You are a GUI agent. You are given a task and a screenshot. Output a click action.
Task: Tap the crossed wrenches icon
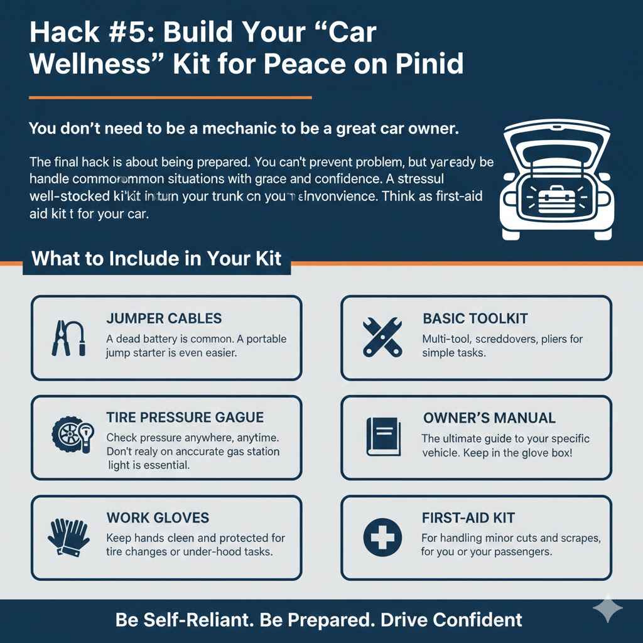382,337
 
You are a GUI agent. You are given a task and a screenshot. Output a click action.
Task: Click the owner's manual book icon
382,436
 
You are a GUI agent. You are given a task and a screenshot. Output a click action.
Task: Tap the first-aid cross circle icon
382,537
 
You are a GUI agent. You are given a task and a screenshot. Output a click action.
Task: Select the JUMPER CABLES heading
164,319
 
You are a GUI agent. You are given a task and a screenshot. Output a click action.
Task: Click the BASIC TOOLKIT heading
475,319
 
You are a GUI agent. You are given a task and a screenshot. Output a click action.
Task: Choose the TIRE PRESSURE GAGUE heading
185,418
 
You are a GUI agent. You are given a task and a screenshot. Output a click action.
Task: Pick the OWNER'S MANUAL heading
489,418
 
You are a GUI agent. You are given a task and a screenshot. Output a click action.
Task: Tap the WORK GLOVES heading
158,518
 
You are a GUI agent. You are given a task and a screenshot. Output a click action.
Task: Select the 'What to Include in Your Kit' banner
156,259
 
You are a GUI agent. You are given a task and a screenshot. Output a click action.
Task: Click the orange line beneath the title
170,97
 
